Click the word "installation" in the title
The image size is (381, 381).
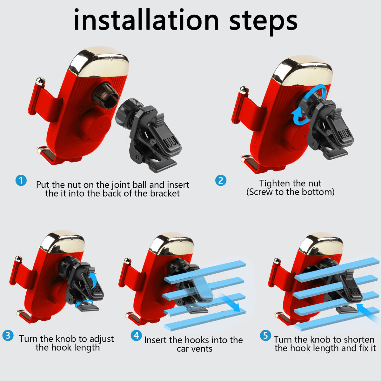point(146,20)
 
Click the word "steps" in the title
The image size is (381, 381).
point(263,22)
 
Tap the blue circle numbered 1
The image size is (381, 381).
point(21,180)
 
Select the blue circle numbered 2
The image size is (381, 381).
point(221,180)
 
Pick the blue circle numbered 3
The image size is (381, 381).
point(8,336)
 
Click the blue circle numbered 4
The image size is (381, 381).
point(136,336)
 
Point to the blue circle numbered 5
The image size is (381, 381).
point(265,336)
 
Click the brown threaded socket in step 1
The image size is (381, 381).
point(106,95)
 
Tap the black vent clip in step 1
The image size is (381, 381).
point(149,134)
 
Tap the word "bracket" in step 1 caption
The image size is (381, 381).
point(165,193)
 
